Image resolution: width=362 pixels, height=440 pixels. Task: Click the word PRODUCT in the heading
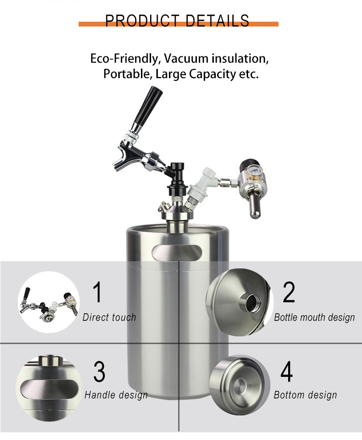point(142,21)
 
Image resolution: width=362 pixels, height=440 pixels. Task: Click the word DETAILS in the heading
point(217,21)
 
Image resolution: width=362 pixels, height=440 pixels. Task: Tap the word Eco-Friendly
point(125,59)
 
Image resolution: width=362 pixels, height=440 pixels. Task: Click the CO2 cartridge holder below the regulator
point(255,204)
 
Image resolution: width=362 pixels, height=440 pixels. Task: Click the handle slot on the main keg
point(177,252)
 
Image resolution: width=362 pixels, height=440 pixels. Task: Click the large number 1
point(97,292)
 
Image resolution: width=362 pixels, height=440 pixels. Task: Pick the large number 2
point(289,292)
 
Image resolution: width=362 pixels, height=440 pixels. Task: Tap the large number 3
point(99,371)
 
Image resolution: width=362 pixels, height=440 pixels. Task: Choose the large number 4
point(286,371)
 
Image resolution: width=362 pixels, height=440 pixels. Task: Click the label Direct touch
point(110,317)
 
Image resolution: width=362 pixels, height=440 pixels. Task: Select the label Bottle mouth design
point(314,318)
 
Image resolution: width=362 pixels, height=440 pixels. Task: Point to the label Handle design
point(116,395)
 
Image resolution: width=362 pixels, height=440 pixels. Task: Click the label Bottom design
point(305,395)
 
